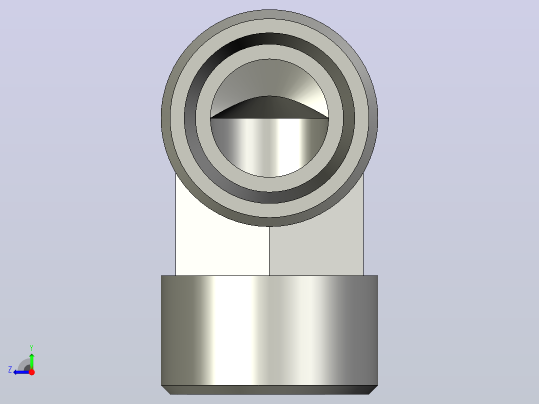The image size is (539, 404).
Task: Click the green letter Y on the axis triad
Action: click(x=31, y=347)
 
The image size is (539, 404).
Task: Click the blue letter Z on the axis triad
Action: click(x=10, y=369)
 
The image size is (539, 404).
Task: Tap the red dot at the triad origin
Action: click(x=31, y=372)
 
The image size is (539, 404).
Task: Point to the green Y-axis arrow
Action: click(x=31, y=361)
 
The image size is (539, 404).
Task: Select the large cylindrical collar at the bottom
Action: click(x=269, y=330)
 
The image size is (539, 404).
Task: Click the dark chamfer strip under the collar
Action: click(x=269, y=389)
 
